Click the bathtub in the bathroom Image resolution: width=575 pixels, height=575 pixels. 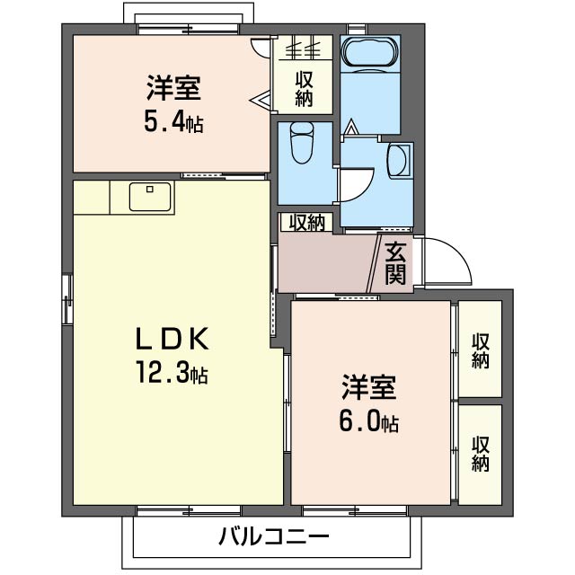point(370,53)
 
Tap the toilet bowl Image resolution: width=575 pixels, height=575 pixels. point(302,144)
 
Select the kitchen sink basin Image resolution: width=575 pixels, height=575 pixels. point(150,197)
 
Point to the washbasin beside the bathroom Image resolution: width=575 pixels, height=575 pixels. point(399,161)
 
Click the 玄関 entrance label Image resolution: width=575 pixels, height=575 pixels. point(395,264)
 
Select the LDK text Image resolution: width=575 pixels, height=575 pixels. point(172,338)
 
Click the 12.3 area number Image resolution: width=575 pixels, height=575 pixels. point(164,371)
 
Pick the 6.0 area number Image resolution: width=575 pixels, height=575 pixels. point(359,421)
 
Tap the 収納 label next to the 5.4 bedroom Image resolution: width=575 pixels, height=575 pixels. point(304,89)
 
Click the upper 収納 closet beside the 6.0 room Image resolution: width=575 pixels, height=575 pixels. point(480,349)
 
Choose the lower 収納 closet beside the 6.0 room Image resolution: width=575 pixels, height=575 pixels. point(480,455)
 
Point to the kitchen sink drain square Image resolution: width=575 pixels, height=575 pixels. point(150,190)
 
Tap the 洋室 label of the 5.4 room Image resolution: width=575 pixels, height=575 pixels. point(173,88)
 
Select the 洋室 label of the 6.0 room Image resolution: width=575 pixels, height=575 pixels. point(369,387)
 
